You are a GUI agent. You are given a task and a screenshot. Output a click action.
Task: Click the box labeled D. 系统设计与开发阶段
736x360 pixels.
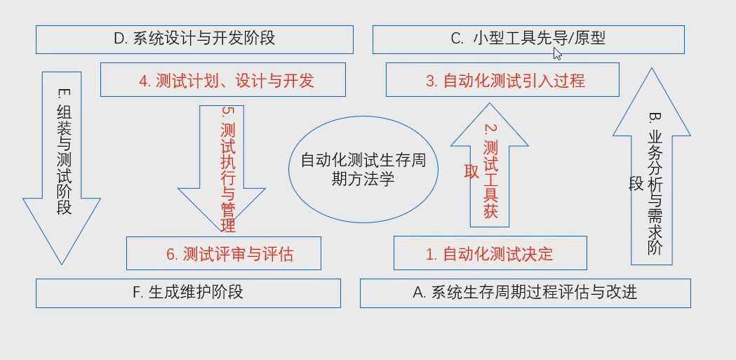tap(194, 39)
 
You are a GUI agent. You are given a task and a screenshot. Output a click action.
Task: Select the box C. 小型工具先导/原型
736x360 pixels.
tap(528, 39)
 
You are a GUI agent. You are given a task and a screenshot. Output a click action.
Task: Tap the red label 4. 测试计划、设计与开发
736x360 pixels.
tap(226, 81)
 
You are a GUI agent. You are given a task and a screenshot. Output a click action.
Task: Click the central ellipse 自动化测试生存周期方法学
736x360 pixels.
tap(363, 170)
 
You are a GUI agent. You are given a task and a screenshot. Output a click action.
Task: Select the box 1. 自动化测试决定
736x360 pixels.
tap(489, 254)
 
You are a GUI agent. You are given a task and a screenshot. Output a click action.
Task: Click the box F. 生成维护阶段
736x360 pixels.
tap(188, 293)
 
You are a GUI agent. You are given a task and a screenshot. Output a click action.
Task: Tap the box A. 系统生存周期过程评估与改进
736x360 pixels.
tap(525, 293)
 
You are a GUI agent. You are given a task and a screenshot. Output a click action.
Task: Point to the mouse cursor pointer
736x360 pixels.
tap(557, 53)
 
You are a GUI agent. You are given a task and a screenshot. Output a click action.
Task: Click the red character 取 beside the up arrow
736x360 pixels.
tap(471, 172)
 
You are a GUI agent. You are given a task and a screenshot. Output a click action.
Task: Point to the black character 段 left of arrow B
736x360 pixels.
tap(636, 184)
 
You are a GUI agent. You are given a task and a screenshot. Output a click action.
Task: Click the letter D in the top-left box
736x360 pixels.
tap(119, 39)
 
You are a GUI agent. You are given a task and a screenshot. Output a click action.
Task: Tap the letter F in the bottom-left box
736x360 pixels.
tap(137, 293)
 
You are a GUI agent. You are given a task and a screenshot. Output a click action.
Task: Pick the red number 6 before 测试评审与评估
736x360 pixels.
tap(170, 255)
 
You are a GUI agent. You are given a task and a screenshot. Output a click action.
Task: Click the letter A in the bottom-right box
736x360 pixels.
tap(419, 293)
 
